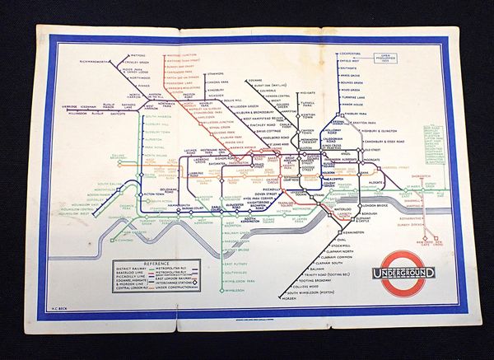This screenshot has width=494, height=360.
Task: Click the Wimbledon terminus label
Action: click(235, 291)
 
